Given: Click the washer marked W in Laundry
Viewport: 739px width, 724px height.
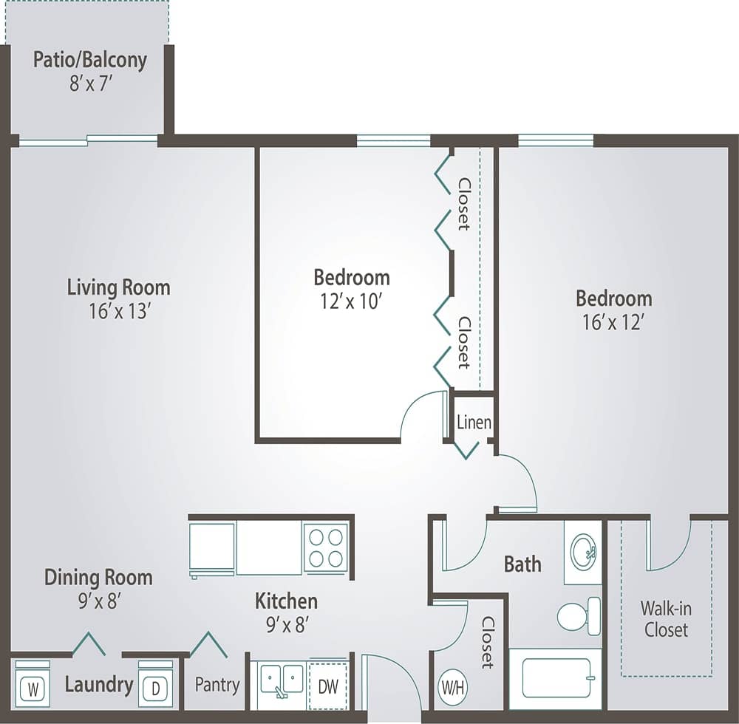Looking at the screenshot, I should click(33, 689).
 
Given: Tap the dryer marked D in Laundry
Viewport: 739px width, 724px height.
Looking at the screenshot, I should click(155, 689).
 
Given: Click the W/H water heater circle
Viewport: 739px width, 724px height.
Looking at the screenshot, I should click(452, 686).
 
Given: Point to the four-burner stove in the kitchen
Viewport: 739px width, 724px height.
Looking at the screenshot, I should click(325, 547).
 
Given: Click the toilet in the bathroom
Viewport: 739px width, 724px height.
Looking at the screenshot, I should click(578, 616).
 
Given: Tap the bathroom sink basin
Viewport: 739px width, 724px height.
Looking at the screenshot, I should click(583, 547).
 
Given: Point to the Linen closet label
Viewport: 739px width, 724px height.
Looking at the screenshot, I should click(473, 423).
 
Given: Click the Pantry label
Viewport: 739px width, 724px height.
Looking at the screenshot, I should click(217, 685).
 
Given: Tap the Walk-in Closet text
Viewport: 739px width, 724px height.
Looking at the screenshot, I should click(666, 619).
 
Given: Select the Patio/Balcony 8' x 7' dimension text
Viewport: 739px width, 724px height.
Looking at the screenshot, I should click(90, 83).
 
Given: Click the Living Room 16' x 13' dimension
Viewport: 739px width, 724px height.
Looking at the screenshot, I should click(119, 312).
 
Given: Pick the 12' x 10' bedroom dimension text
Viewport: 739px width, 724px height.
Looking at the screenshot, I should click(352, 301).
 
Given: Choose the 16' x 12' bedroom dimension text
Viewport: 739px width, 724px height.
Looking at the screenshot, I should click(613, 323).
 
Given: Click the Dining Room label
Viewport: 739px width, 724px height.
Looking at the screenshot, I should click(98, 577).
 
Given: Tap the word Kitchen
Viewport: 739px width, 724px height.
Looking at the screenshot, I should click(286, 600).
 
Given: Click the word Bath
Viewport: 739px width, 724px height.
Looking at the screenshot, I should click(522, 564).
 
